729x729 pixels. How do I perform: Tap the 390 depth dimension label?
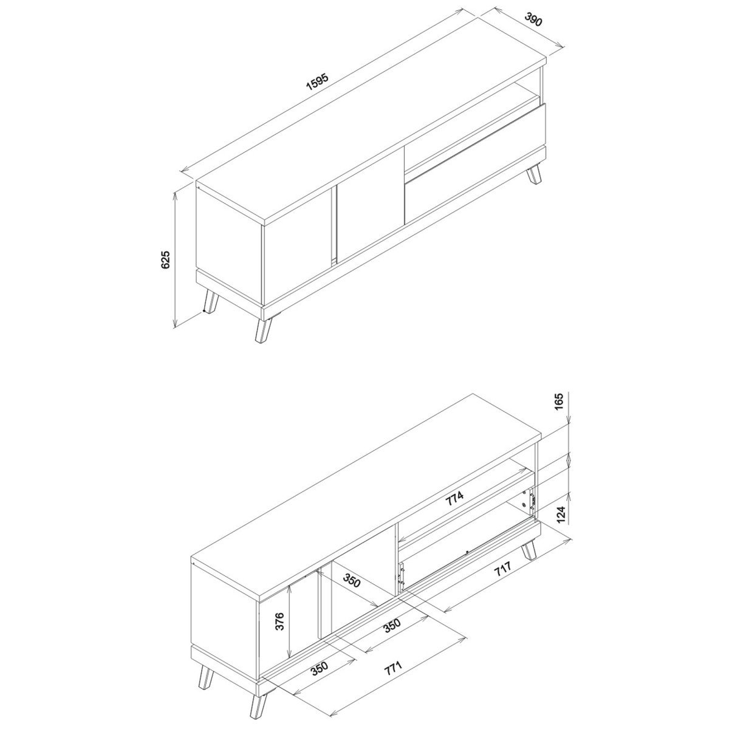click(x=533, y=19)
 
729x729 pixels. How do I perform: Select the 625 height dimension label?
click(x=166, y=259)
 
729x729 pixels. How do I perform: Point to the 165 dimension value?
click(x=560, y=401)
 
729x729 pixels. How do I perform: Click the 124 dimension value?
click(x=561, y=515)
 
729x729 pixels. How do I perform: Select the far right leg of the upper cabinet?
click(x=535, y=174)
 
